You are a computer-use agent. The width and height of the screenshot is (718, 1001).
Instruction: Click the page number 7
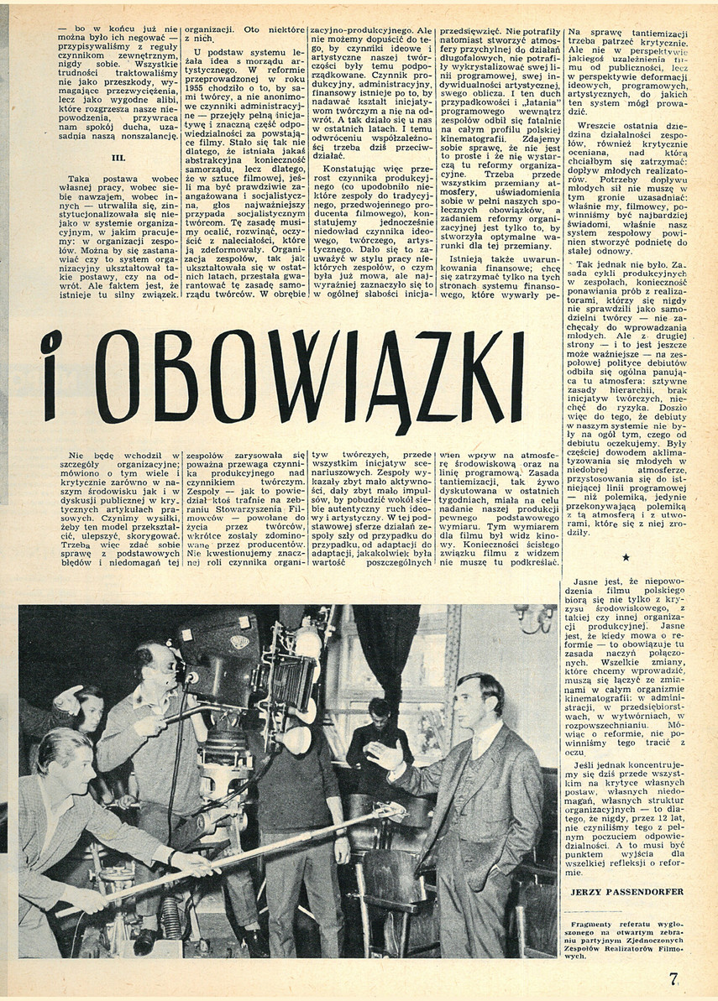(x=673, y=978)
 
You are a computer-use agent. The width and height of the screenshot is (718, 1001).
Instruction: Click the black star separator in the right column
(x=625, y=557)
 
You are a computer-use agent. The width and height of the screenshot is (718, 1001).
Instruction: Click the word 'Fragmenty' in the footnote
(x=597, y=923)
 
